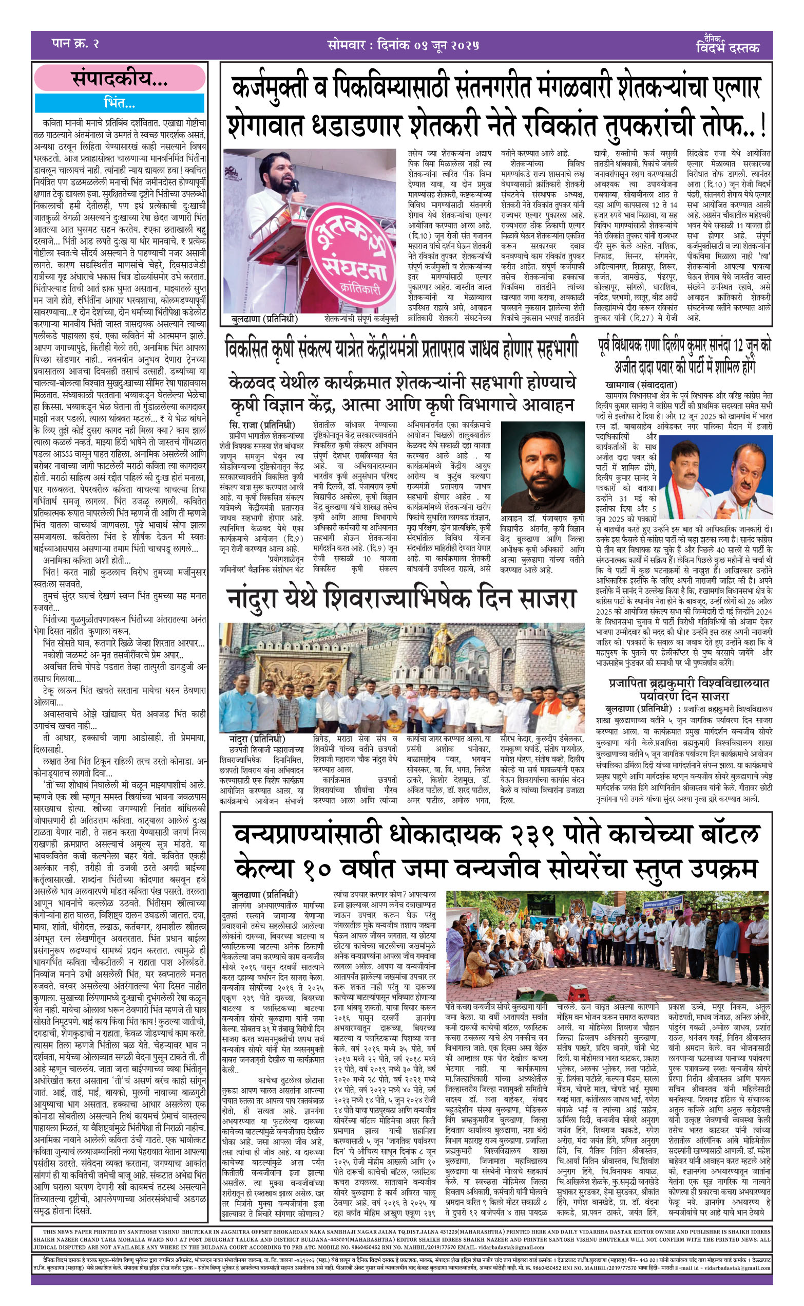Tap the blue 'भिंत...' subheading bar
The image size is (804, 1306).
tap(120, 102)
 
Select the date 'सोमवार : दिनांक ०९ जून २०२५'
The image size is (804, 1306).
tap(403, 45)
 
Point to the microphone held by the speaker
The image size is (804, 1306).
tap(294, 185)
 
